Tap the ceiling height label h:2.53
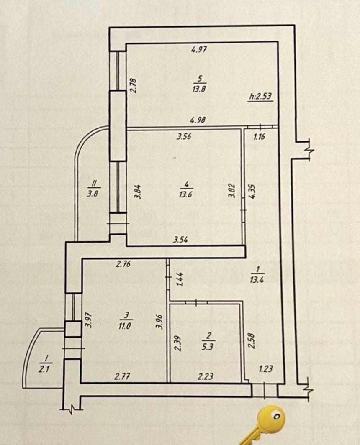(260, 96)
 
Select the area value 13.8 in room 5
(199, 89)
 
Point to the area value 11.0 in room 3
(125, 326)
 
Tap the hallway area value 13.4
(257, 280)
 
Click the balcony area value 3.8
(93, 194)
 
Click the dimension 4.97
(199, 50)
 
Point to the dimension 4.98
(198, 120)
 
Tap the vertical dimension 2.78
(134, 85)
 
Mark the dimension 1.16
(259, 137)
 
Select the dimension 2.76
(123, 264)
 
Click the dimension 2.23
(206, 376)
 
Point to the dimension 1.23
(266, 368)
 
